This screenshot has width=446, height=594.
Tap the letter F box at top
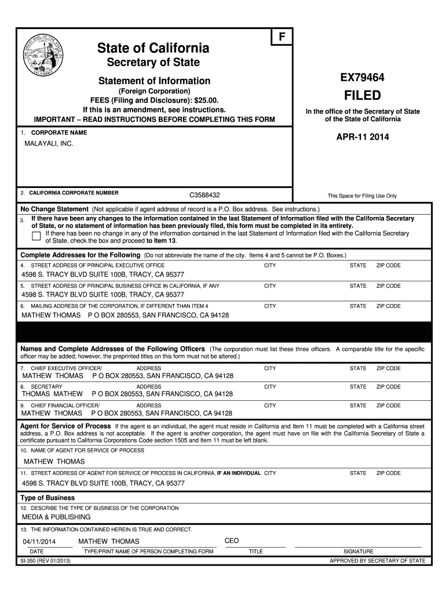[x=282, y=37]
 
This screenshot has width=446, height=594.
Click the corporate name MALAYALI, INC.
[x=48, y=143]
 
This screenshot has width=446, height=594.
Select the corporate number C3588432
[x=209, y=195]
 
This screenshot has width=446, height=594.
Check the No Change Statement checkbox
[x=36, y=235]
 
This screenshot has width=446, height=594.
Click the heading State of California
[x=153, y=48]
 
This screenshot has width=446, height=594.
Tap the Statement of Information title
[x=154, y=81]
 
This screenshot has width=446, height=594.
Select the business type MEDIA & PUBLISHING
[x=56, y=517]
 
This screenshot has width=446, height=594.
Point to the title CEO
[x=232, y=541]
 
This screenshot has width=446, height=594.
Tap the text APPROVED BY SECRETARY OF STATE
[x=377, y=561]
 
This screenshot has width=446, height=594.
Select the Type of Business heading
[x=47, y=498]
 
